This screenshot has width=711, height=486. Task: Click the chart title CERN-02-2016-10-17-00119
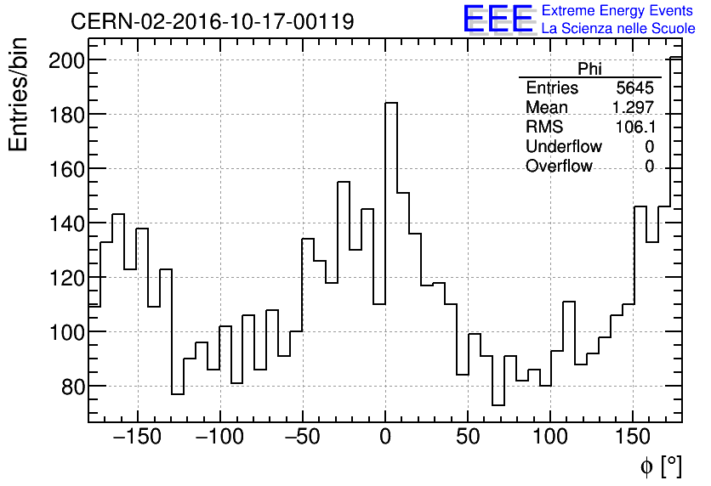(212, 21)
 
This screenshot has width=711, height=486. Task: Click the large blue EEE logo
(498, 19)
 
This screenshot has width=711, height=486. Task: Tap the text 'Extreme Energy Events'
(618, 10)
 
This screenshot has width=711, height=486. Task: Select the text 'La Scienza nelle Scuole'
(618, 28)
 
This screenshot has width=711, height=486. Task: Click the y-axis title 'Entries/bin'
(19, 94)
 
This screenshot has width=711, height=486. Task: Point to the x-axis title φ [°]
(660, 466)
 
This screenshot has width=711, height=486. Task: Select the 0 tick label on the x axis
(385, 438)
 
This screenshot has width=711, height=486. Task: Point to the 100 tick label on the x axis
(550, 438)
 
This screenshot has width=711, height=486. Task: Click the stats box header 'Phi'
(589, 69)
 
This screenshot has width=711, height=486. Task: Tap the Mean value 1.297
(633, 107)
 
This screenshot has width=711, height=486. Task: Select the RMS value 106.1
(634, 127)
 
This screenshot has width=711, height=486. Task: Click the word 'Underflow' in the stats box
(563, 147)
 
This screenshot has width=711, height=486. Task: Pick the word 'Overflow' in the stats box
(559, 167)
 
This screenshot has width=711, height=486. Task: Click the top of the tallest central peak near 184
(391, 103)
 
